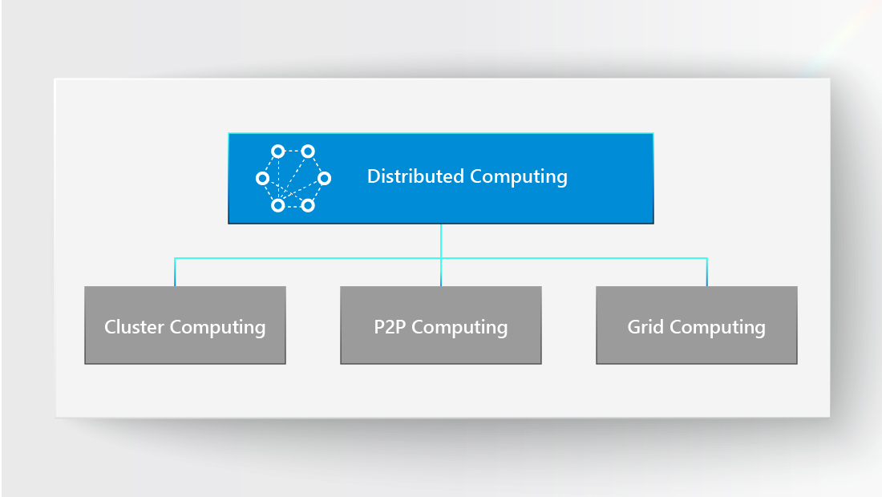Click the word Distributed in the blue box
pyautogui.click(x=415, y=176)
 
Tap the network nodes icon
pyautogui.click(x=293, y=178)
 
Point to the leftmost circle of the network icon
pyautogui.click(x=262, y=178)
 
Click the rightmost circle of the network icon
pyautogui.click(x=324, y=178)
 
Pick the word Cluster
pyautogui.click(x=135, y=327)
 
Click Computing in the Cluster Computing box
pyautogui.click(x=217, y=328)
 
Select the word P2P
pyautogui.click(x=390, y=327)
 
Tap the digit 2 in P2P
pyautogui.click(x=390, y=327)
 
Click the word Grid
pyautogui.click(x=645, y=327)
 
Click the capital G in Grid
pyautogui.click(x=634, y=327)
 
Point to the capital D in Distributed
pyautogui.click(x=373, y=176)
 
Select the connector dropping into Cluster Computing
pyautogui.click(x=175, y=273)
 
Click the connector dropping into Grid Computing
pyautogui.click(x=706, y=273)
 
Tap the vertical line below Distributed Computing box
pyautogui.click(x=441, y=240)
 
